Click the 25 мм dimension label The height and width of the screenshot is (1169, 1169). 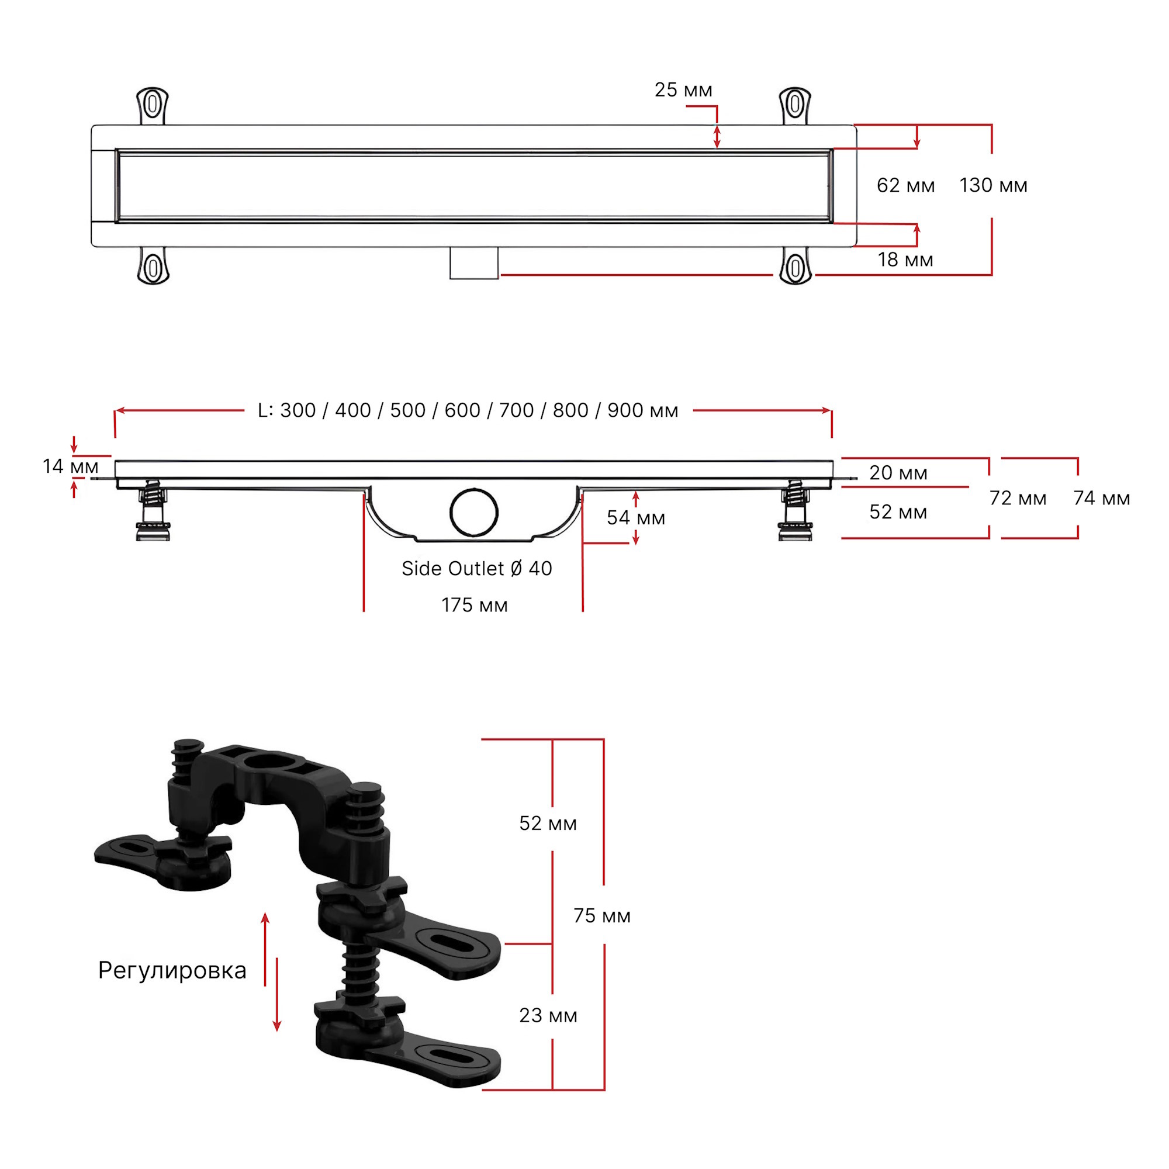683,90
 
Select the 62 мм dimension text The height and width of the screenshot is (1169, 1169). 906,185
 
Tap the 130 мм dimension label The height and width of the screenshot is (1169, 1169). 994,185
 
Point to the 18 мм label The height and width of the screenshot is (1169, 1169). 905,260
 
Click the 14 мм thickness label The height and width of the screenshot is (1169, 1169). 70,466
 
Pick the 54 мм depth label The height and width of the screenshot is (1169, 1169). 636,518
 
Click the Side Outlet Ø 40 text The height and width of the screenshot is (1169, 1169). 477,569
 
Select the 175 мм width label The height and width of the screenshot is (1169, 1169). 475,605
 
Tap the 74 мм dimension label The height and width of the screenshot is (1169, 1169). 1102,498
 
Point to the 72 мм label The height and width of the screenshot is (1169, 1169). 1018,498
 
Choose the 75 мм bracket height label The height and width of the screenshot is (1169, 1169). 602,916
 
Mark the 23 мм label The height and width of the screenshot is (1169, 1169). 548,1015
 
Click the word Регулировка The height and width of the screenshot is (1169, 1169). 172,971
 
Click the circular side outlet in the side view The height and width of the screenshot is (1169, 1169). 474,513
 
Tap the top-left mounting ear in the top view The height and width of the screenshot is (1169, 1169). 153,105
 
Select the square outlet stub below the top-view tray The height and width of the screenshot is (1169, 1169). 474,262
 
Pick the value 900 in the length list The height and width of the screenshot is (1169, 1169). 625,410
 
